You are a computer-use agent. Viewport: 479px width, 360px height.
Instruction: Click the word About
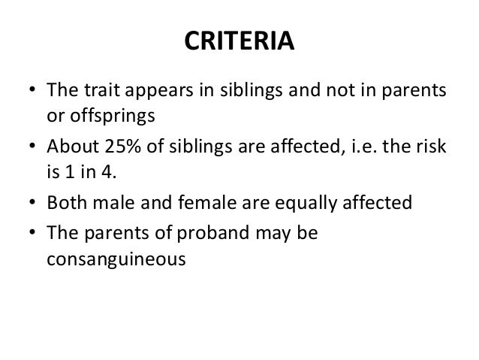click(71, 147)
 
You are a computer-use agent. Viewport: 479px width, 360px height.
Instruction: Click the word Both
click(65, 203)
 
